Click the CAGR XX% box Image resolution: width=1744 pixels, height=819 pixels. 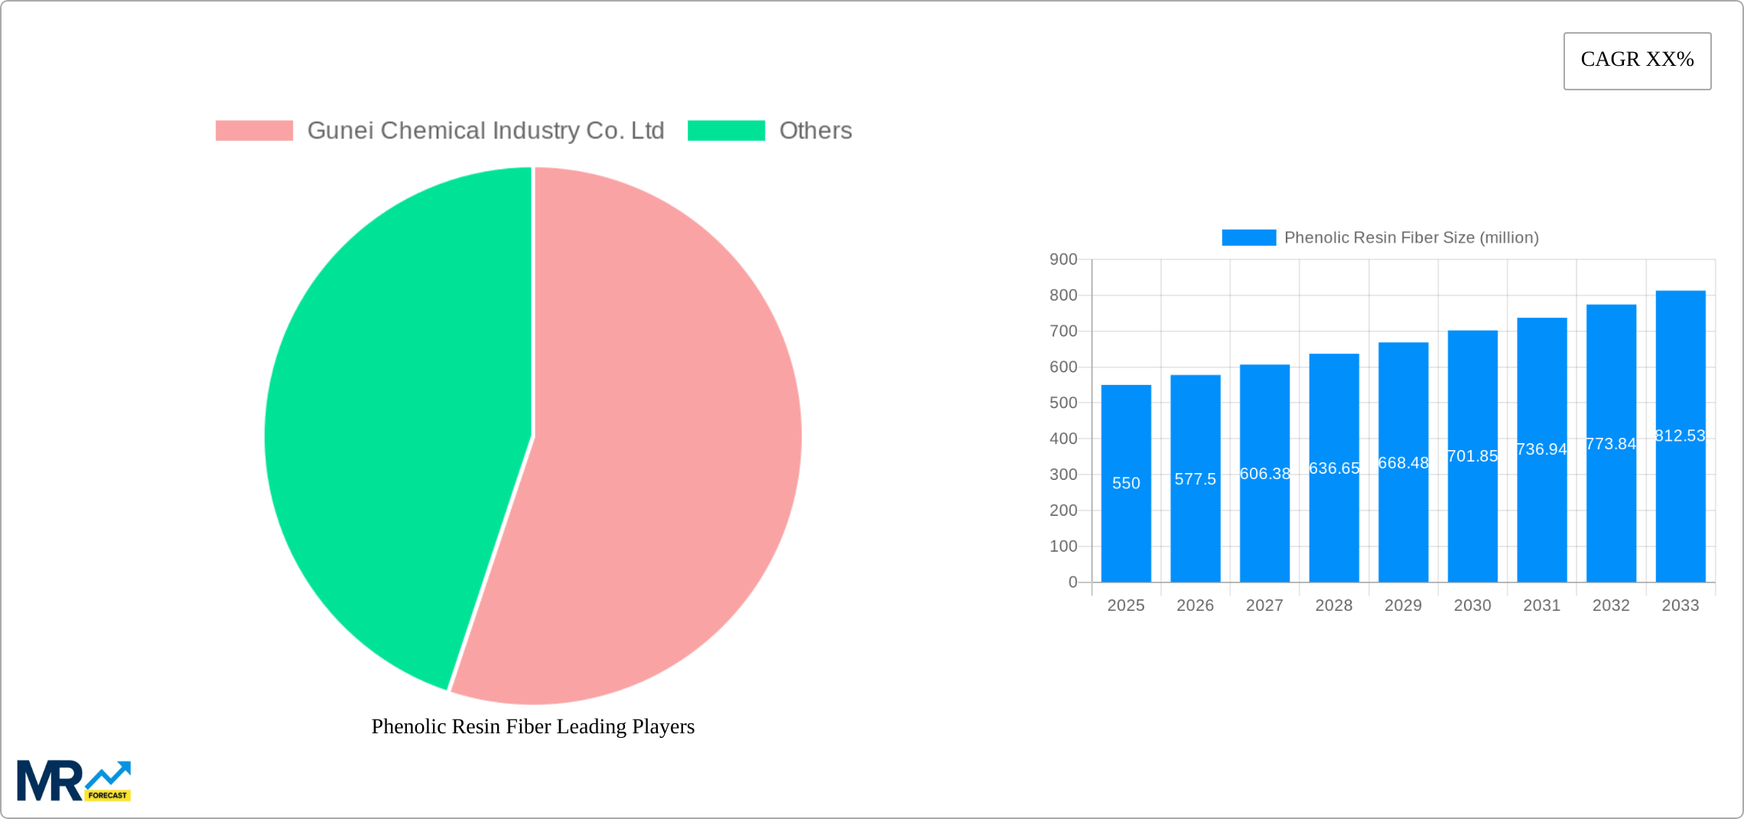click(1637, 60)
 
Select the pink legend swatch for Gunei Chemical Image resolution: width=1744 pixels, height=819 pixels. click(254, 131)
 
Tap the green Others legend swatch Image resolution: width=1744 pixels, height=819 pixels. click(726, 131)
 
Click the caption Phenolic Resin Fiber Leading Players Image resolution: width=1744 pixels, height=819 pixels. click(533, 726)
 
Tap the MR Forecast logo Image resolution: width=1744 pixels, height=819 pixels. click(74, 781)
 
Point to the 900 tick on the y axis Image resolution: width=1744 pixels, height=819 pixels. click(1063, 259)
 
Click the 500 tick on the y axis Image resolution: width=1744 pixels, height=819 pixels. click(1063, 403)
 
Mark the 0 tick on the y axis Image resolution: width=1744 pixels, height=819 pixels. click(1072, 582)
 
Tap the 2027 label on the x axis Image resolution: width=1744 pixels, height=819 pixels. click(1264, 605)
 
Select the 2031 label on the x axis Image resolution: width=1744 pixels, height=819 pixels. click(1541, 605)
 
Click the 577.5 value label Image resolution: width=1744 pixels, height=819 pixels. click(1195, 479)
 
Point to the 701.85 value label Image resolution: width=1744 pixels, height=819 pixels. click(1472, 456)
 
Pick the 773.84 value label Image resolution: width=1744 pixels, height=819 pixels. click(1611, 444)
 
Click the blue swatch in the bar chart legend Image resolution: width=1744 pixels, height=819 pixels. click(1248, 238)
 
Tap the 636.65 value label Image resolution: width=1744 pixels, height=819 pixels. click(1334, 468)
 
